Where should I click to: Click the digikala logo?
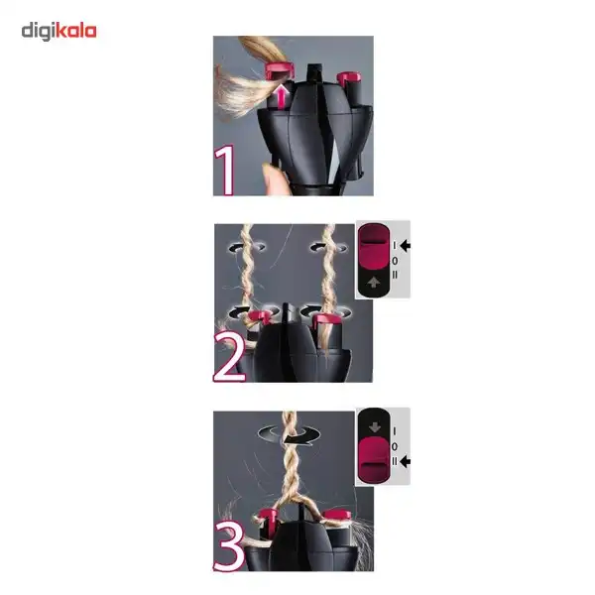tap(59, 31)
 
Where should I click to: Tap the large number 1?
tap(224, 171)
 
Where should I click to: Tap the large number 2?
tap(229, 357)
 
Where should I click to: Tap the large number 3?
tap(229, 545)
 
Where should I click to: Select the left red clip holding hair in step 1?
tap(280, 71)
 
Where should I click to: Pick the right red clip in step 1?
tap(349, 78)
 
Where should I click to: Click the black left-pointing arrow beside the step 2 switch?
tap(406, 246)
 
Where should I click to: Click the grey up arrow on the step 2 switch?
tap(374, 282)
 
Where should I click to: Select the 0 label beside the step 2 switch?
tap(395, 261)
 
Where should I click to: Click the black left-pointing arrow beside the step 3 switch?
tap(406, 461)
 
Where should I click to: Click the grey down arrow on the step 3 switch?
tap(375, 426)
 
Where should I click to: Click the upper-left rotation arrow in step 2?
tap(247, 248)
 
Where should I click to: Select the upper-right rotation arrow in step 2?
tap(328, 248)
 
